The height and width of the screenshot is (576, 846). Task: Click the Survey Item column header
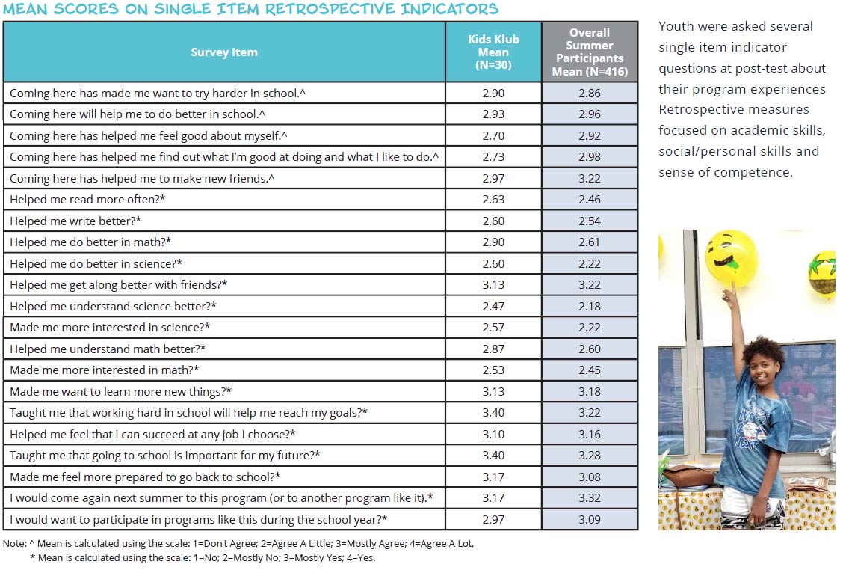(x=224, y=52)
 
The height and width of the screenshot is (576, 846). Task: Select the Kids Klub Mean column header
(x=493, y=52)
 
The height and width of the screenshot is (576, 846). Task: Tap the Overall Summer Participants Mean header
(x=589, y=52)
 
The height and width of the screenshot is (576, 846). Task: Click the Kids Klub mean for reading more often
(x=493, y=199)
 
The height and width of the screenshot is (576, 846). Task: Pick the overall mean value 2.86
(x=589, y=93)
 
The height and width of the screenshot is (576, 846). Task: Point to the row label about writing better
(x=75, y=221)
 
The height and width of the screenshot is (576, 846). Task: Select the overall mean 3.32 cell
(x=589, y=497)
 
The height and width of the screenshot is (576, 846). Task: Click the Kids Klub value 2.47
(x=493, y=306)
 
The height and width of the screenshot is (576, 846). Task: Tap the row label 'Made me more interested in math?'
(x=104, y=370)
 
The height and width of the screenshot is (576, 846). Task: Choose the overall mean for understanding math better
(x=589, y=349)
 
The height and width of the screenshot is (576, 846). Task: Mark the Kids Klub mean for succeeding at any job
(x=493, y=434)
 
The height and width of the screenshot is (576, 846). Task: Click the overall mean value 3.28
(x=589, y=455)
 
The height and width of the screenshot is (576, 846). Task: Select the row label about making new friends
(x=142, y=178)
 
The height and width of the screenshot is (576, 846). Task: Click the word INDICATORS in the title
(x=449, y=9)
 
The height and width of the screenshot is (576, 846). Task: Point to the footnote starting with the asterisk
(x=203, y=557)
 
